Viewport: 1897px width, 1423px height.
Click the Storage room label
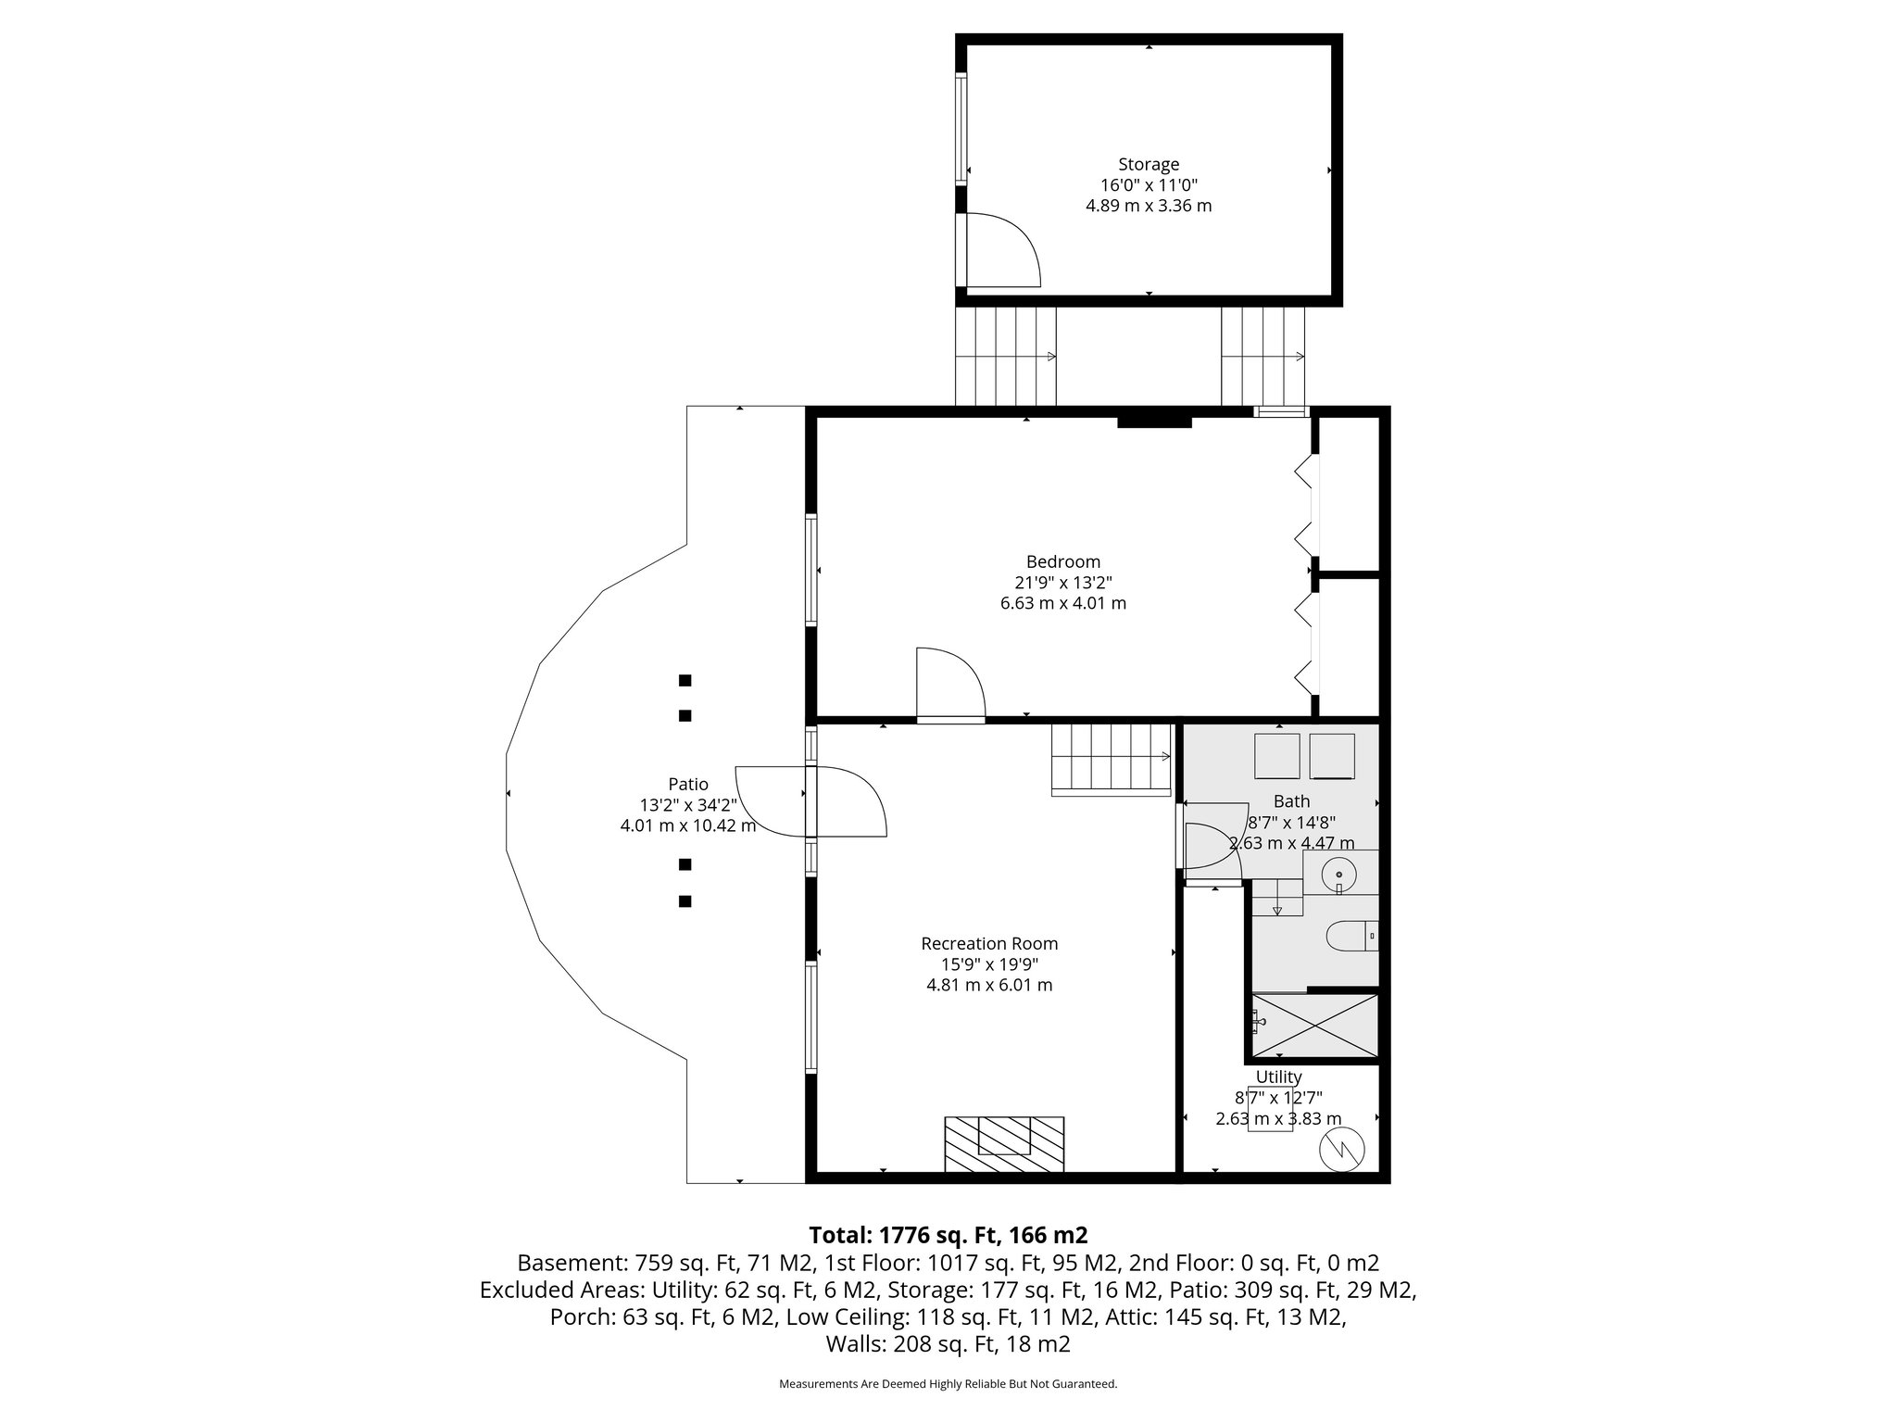pos(1149,165)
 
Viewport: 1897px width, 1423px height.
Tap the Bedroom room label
pos(1063,561)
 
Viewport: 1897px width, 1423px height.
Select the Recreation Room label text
pos(989,944)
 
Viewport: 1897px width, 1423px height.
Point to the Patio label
pos(688,785)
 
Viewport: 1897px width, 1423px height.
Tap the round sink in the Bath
pos(1340,873)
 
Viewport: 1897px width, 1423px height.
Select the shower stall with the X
pos(1314,1025)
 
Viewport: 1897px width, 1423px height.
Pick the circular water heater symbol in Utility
pos(1341,1151)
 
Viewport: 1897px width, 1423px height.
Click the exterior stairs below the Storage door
pos(1005,357)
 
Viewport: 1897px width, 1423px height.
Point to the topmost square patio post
pos(685,681)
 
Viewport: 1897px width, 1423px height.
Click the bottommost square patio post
pos(685,901)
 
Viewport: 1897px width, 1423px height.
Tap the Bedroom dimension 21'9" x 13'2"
pos(1063,583)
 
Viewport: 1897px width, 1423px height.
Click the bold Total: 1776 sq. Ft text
pos(948,1235)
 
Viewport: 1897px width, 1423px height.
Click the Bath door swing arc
pos(1213,845)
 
